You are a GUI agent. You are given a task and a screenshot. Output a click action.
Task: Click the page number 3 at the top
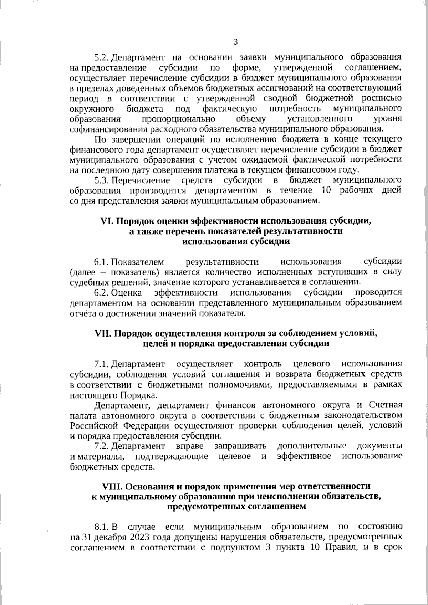[x=235, y=42]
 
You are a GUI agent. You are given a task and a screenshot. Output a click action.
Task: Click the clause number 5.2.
[x=101, y=57]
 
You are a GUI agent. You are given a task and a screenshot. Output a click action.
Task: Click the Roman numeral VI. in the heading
[x=107, y=221]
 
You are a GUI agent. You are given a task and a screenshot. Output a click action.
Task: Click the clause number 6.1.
[x=101, y=262]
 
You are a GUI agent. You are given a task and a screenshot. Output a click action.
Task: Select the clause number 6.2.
[x=101, y=293]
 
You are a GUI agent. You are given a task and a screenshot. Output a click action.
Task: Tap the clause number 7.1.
[x=101, y=364]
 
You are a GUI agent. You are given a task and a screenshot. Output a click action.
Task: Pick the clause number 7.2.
[x=101, y=446]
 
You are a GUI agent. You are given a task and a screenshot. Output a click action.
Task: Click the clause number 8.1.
[x=101, y=527]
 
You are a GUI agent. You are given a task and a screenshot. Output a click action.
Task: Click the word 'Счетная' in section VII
[x=386, y=405]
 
